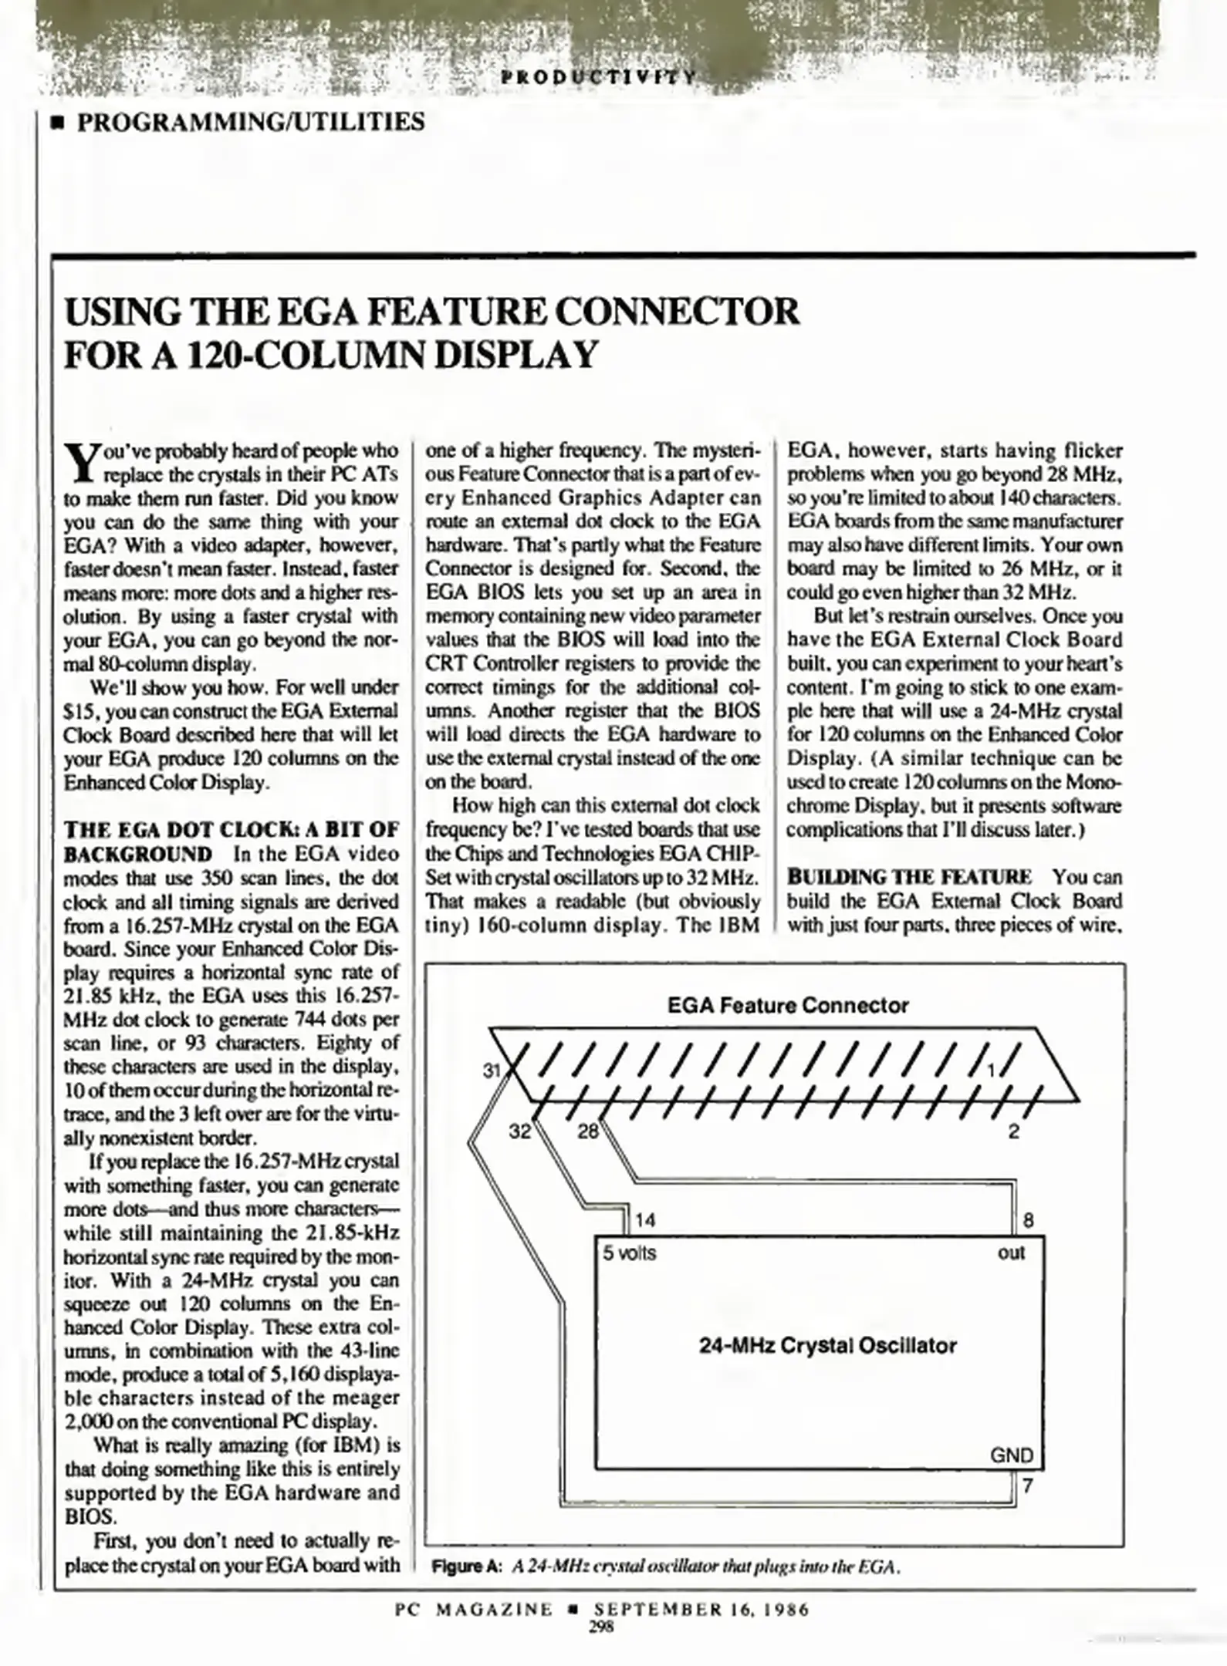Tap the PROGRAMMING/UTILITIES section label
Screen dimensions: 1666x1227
click(x=251, y=121)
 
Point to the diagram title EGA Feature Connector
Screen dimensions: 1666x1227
click(x=787, y=1005)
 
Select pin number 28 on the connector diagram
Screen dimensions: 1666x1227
click(x=588, y=1131)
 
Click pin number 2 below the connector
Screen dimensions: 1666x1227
click(x=1013, y=1131)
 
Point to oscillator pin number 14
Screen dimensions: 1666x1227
click(x=645, y=1220)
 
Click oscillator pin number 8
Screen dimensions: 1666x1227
click(x=1028, y=1220)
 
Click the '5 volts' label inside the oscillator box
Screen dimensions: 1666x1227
click(x=629, y=1253)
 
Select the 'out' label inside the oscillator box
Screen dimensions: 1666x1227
click(x=1011, y=1253)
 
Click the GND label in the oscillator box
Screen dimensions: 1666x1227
click(x=1011, y=1455)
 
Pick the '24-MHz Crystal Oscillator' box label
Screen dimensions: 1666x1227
click(x=828, y=1345)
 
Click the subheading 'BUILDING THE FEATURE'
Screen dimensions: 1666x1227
click(x=909, y=877)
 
